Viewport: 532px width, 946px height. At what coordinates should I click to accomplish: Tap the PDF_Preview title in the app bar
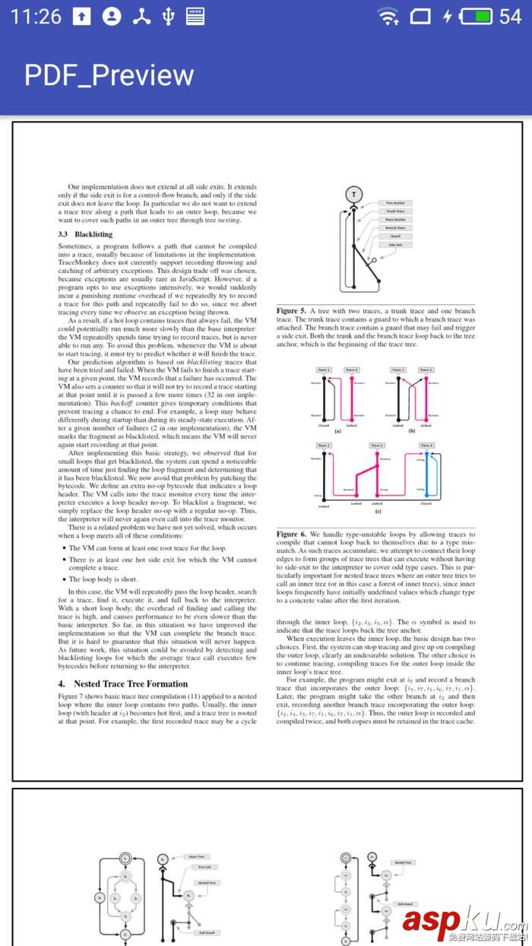coord(109,75)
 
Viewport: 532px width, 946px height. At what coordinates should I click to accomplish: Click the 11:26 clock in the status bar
coord(36,16)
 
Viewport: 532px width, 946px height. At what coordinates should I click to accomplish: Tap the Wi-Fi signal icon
coord(388,16)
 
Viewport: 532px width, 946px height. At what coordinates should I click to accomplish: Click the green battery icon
coord(477,16)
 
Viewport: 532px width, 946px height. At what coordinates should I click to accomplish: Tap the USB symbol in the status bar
coord(168,16)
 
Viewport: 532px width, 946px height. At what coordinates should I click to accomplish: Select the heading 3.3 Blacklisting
coord(85,235)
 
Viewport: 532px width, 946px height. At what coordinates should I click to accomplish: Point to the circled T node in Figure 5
coord(353,195)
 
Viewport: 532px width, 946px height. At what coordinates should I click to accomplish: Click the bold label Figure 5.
coord(291,311)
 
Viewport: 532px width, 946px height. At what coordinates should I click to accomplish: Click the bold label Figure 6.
coord(291,534)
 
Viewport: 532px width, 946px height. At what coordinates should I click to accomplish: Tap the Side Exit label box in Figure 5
coord(395,245)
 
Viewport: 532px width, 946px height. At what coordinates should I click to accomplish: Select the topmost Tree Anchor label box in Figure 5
coord(395,203)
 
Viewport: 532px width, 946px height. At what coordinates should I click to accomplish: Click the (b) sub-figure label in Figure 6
coord(411,431)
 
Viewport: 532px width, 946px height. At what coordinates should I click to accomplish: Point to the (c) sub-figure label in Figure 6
coord(377,511)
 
